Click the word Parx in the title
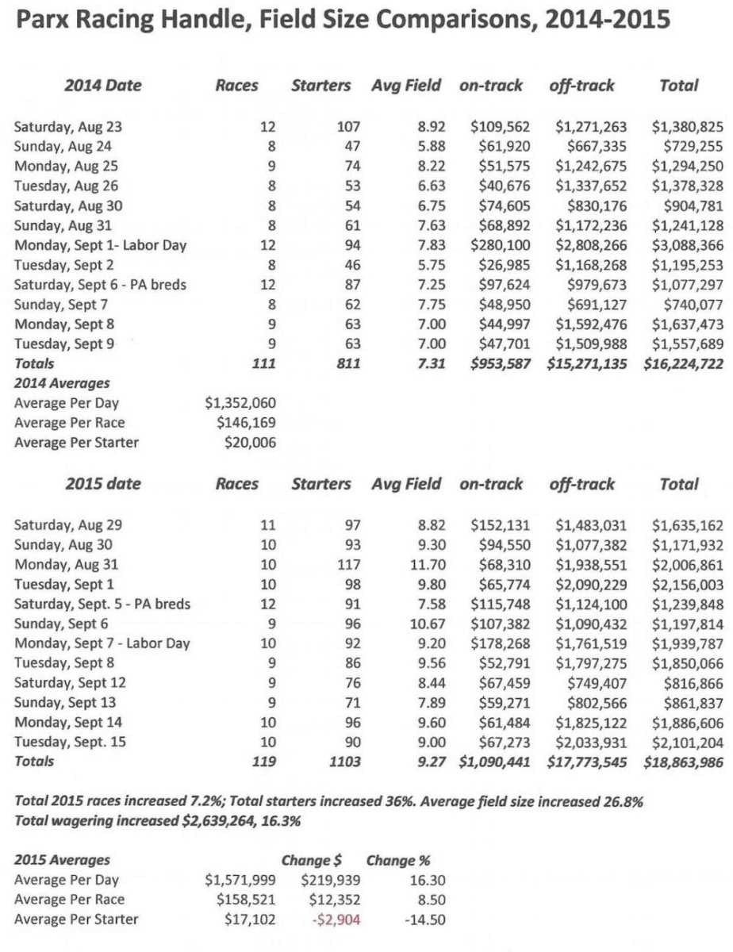47,19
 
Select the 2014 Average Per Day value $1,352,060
240,403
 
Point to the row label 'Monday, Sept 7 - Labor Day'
102,643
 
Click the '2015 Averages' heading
62,860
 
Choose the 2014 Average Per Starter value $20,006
250,443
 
